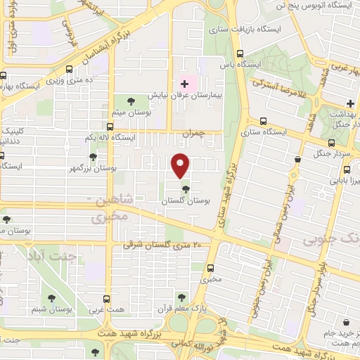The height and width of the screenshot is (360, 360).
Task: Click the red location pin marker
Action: tap(180, 165)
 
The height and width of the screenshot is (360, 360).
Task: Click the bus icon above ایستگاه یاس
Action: tap(240, 53)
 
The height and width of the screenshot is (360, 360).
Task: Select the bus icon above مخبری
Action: tap(211, 267)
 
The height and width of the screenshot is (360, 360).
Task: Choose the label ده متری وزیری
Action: tap(69, 81)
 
